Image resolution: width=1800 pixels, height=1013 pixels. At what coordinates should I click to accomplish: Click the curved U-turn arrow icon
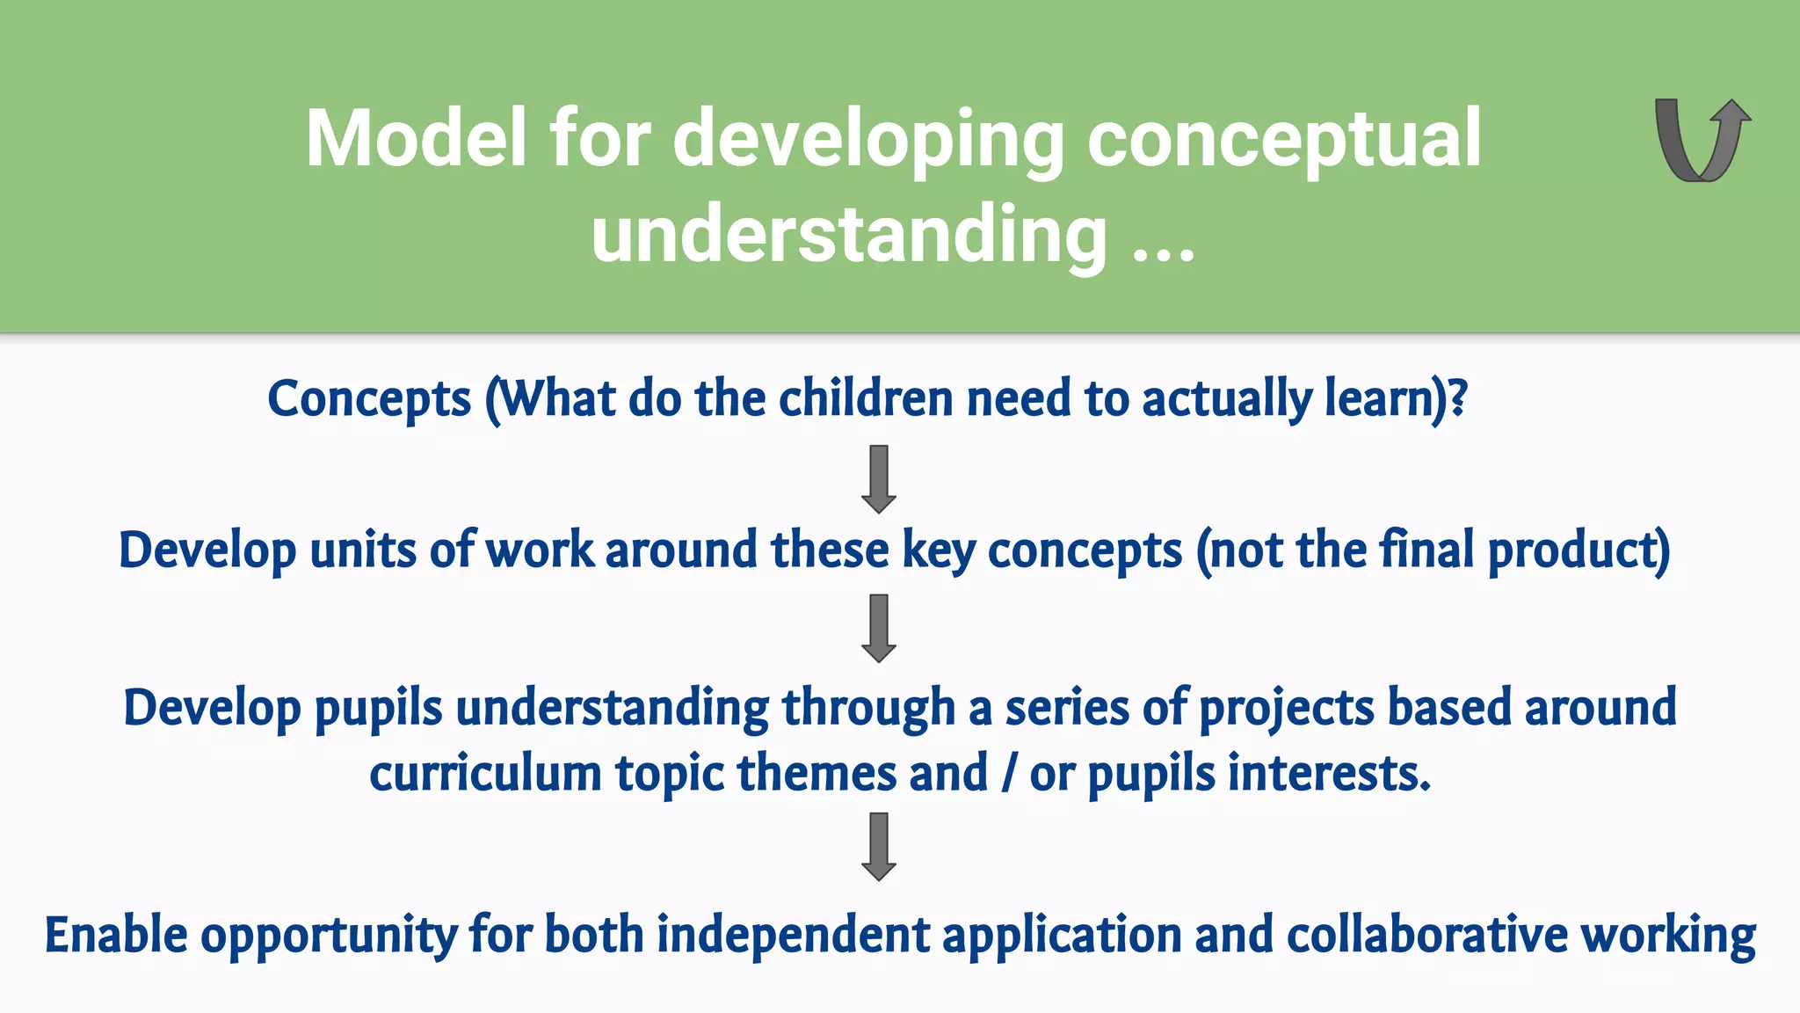[x=1702, y=141]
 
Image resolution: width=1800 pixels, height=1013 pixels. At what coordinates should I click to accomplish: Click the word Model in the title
[x=416, y=138]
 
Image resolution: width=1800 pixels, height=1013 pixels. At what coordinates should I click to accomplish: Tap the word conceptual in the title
[x=1284, y=138]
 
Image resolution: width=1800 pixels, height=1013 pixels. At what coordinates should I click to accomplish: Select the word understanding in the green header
[x=849, y=234]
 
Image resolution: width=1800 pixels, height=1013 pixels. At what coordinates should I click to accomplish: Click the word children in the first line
[x=866, y=398]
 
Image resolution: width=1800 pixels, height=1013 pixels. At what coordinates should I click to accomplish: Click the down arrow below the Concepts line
[x=879, y=479]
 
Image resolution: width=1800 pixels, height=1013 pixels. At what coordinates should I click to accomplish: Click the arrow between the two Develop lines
[x=879, y=628]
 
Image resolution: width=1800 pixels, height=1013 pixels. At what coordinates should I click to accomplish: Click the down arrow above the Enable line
[x=879, y=847]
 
